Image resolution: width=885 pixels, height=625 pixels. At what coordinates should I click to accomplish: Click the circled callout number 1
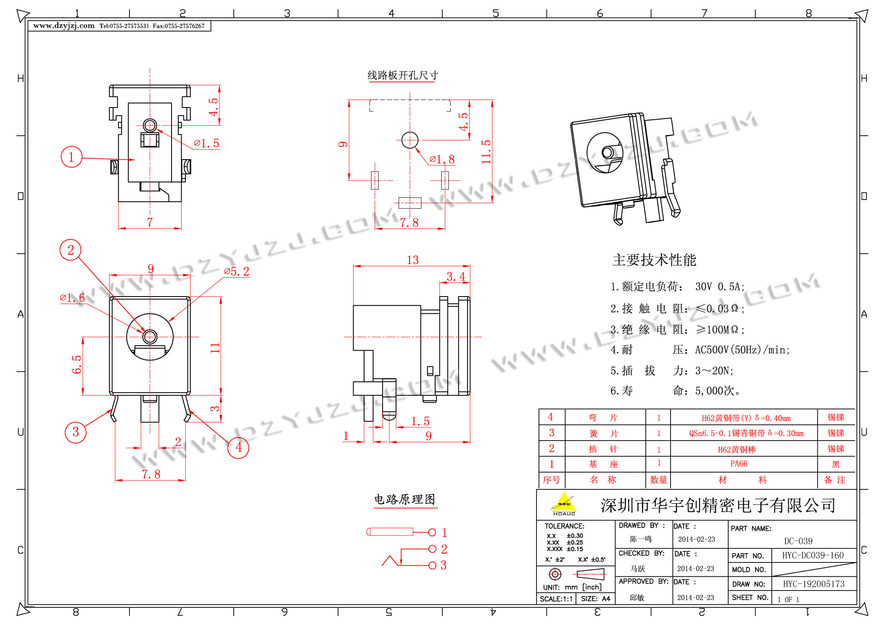tap(71, 157)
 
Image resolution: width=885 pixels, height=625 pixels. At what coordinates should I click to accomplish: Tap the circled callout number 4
tap(238, 447)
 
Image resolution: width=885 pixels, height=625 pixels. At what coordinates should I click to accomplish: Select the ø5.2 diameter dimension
tap(237, 271)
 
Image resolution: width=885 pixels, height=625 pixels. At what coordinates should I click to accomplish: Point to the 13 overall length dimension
tap(412, 260)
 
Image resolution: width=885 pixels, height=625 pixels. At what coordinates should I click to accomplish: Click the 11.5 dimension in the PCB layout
tap(486, 152)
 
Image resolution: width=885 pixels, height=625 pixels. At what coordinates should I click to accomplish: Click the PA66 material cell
tap(739, 464)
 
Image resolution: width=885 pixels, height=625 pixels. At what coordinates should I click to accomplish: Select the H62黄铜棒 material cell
tap(737, 449)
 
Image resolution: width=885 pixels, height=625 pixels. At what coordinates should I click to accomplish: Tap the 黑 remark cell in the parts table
tap(835, 464)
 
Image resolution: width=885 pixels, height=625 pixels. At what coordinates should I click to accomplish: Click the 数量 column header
tap(658, 480)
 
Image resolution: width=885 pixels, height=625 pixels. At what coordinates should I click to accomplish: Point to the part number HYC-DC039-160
tap(813, 555)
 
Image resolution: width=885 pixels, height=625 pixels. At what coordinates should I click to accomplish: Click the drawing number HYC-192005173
tap(814, 584)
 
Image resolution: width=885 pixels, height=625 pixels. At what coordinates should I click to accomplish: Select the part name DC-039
tap(798, 541)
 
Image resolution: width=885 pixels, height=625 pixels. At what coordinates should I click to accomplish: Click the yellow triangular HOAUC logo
tap(564, 504)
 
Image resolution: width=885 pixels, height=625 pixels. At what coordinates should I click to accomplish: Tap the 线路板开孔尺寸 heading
tap(403, 75)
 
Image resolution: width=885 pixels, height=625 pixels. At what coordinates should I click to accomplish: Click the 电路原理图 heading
tap(404, 499)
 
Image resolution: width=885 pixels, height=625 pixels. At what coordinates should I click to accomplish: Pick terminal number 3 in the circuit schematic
tap(444, 565)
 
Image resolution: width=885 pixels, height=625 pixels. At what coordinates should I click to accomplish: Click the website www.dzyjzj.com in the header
tap(64, 26)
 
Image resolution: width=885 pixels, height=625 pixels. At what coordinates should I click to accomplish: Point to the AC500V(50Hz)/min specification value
tap(742, 350)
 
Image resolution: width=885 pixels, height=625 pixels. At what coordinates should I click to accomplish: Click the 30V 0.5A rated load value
tap(719, 287)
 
